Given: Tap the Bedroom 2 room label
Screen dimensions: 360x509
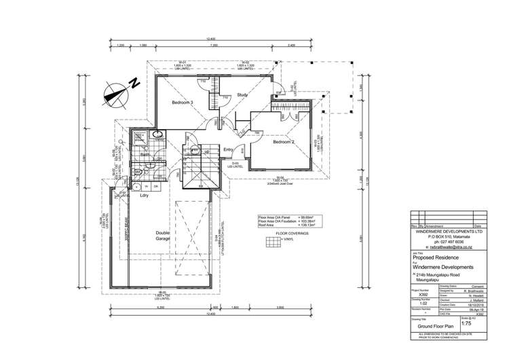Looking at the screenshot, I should (x=284, y=143).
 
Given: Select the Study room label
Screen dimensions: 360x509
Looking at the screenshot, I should (x=243, y=96).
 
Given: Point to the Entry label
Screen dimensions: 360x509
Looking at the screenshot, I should (x=229, y=150).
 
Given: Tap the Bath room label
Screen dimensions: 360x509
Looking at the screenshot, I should (x=145, y=155).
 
